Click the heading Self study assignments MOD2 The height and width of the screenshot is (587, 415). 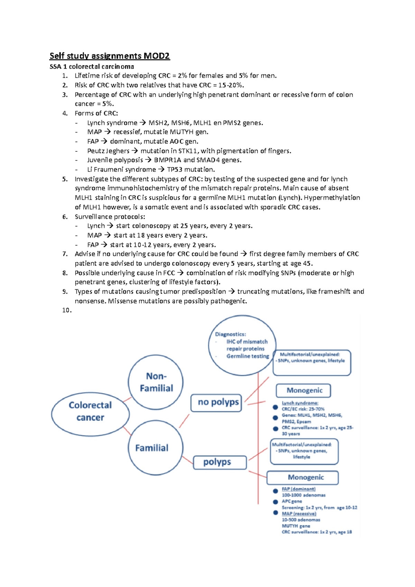(110, 56)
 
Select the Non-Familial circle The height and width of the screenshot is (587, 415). (156, 382)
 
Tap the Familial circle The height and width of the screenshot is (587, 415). (155, 448)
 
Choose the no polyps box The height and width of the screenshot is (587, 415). (216, 402)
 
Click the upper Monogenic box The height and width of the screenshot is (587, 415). (303, 391)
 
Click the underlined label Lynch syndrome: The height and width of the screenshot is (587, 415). (300, 403)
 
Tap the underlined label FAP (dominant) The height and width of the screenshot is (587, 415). (298, 489)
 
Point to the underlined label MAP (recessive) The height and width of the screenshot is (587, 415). (299, 514)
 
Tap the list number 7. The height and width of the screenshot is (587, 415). (65, 254)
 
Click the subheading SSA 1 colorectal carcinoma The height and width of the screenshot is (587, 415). (92, 66)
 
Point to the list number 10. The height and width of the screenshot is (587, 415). (66, 310)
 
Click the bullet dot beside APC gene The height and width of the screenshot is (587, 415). (275, 502)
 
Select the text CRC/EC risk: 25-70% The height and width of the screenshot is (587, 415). (303, 409)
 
